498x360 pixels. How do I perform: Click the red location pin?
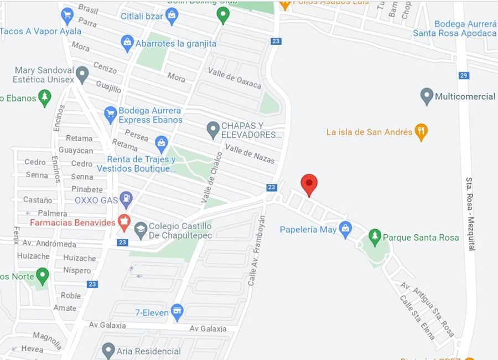[309, 184]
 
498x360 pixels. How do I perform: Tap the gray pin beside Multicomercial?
[426, 96]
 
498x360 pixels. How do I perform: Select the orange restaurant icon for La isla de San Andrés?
[421, 132]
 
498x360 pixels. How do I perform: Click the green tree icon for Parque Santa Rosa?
[375, 237]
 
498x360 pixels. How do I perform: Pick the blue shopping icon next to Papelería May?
[345, 229]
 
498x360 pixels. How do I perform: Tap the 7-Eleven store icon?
[177, 312]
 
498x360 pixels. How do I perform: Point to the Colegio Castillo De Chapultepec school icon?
[141, 230]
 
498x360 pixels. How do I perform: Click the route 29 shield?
[464, 75]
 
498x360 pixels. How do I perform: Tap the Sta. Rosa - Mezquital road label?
[470, 213]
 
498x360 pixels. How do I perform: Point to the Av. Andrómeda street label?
[49, 244]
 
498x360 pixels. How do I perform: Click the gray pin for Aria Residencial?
[108, 350]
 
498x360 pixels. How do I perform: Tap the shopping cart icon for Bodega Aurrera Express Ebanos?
[110, 115]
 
